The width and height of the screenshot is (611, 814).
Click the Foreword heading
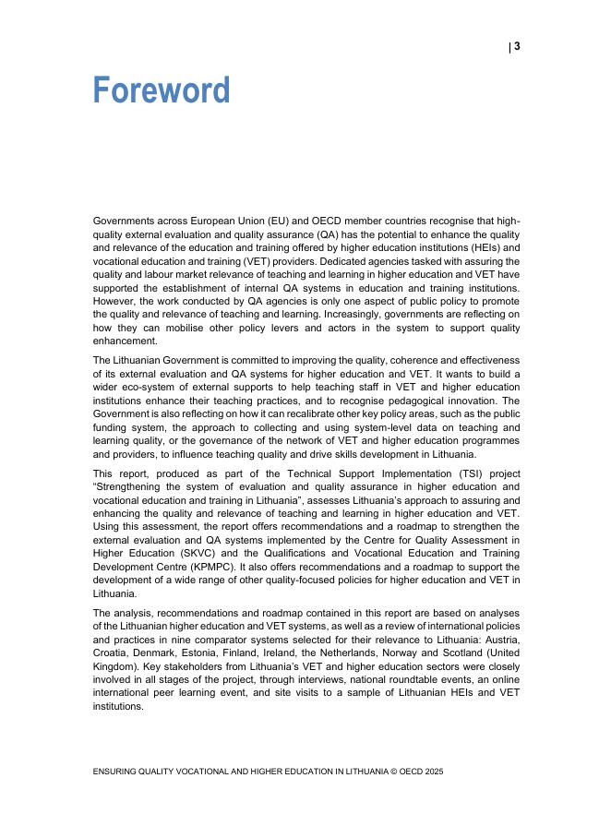pyautogui.click(x=162, y=91)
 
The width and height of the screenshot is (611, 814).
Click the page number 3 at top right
pyautogui.click(x=517, y=47)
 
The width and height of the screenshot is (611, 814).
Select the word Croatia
pyautogui.click(x=114, y=652)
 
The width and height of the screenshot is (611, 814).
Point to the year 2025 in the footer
pyautogui.click(x=432, y=771)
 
